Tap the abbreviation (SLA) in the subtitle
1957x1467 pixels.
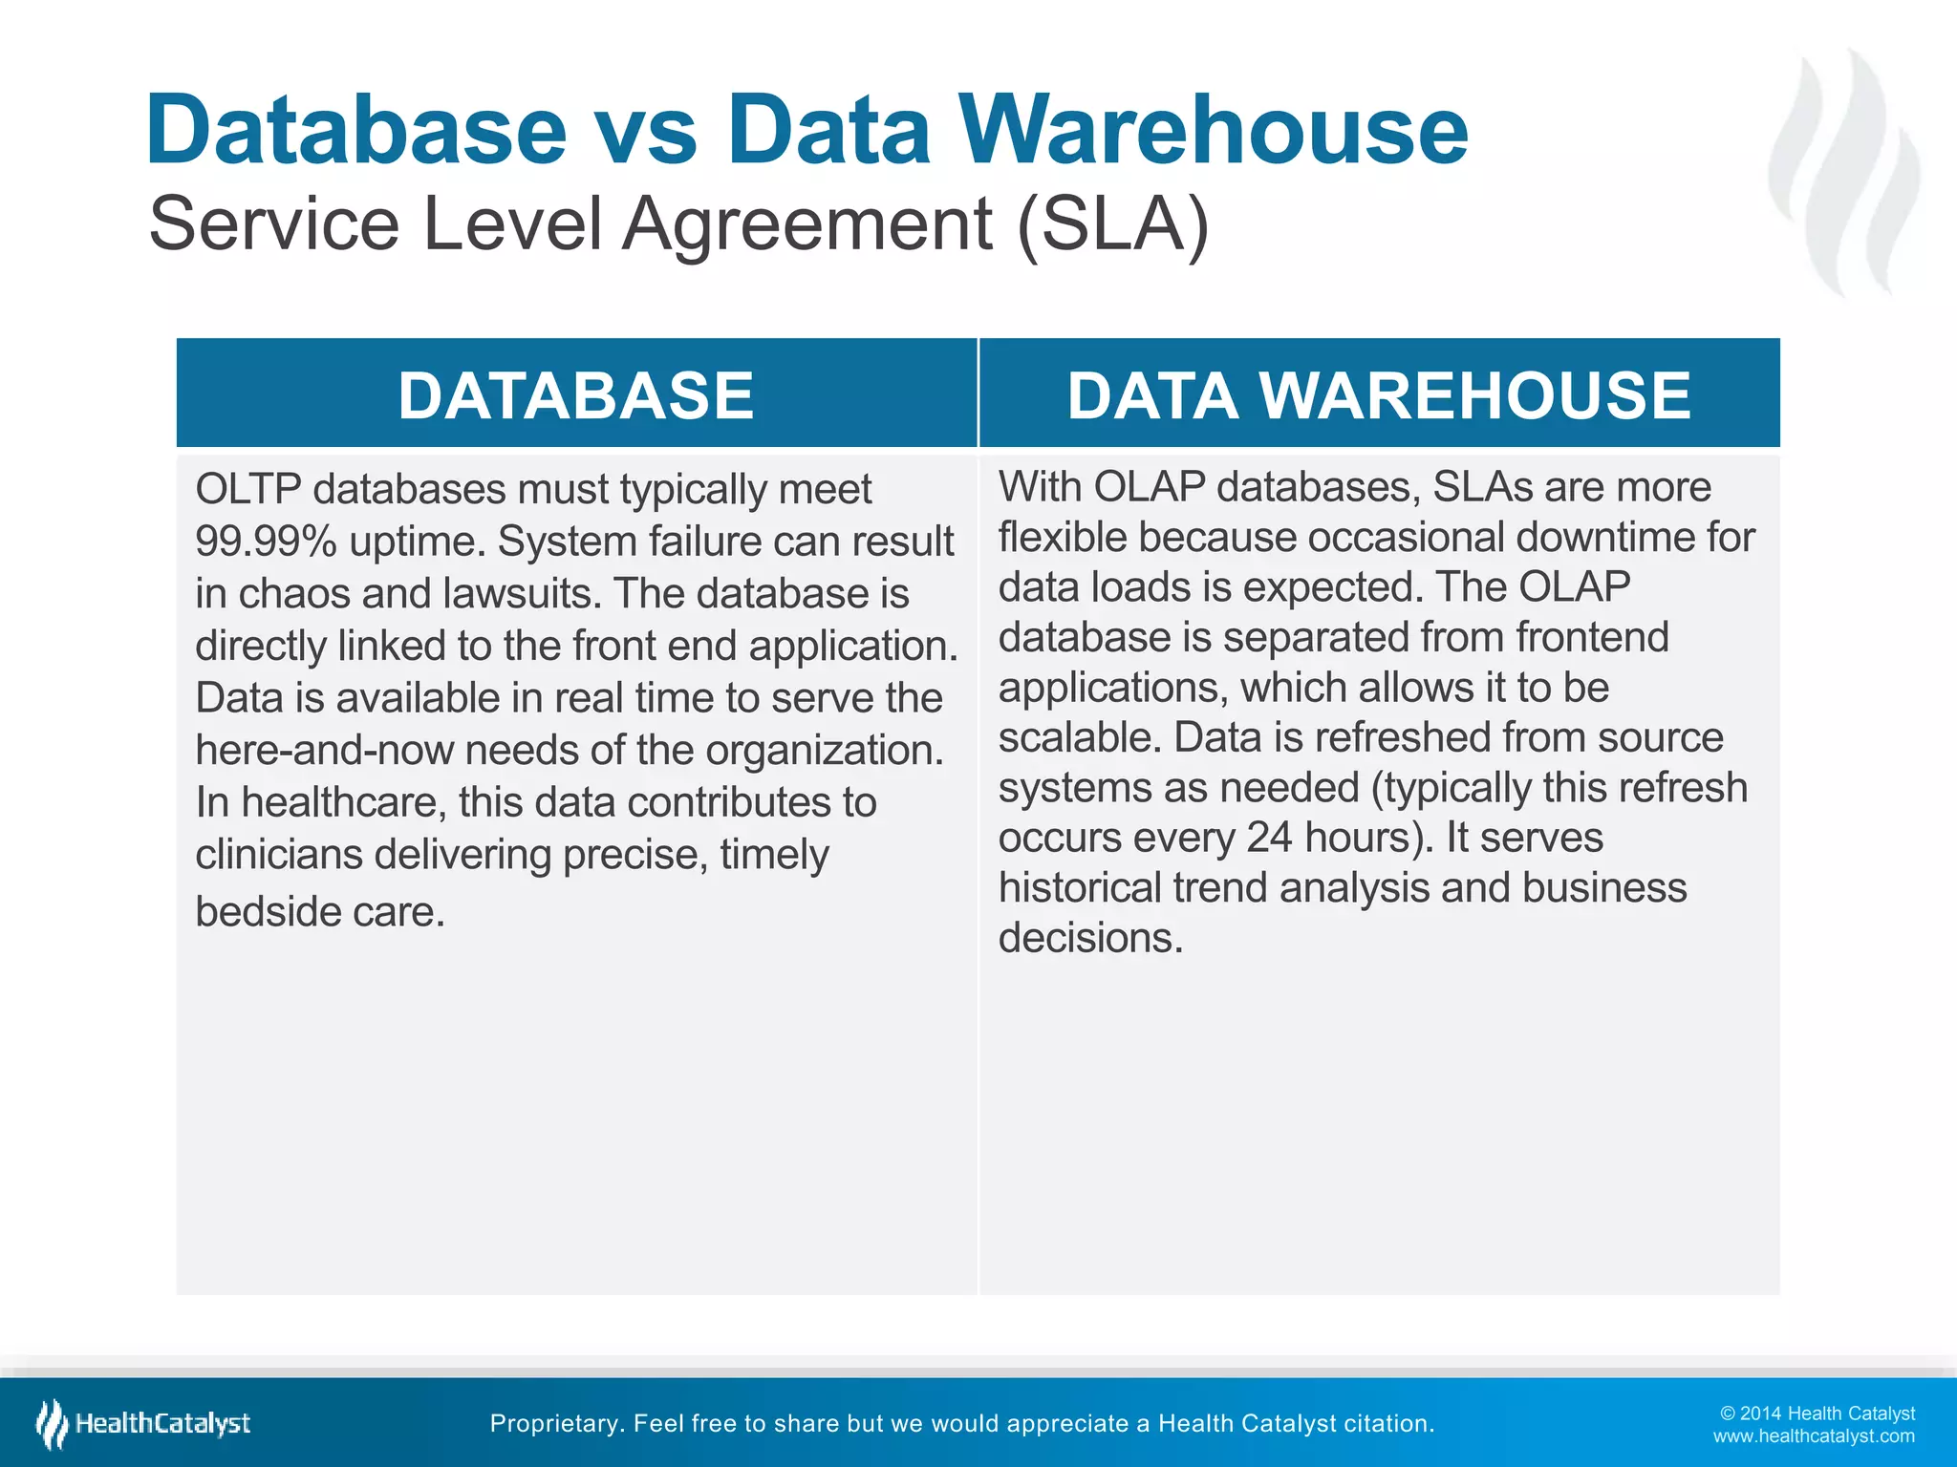coord(1112,223)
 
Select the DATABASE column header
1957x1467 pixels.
coord(576,395)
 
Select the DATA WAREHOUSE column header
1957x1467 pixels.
coord(1379,395)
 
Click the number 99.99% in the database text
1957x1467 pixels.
coord(265,542)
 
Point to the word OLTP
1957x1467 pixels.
coord(247,489)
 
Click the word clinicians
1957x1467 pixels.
coord(278,854)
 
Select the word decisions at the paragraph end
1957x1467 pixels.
coord(1090,938)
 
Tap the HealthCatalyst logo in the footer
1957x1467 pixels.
coord(143,1423)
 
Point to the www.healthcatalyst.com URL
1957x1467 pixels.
coord(1813,1436)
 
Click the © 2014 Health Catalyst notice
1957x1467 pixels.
coord(1817,1414)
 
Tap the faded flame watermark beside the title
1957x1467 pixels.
coord(1844,172)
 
